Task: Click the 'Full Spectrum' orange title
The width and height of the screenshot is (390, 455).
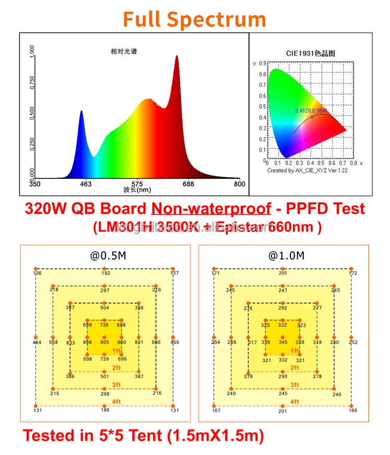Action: [194, 19]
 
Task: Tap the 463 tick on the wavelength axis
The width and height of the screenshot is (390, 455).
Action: [86, 184]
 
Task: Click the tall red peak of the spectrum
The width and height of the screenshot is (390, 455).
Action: [176, 57]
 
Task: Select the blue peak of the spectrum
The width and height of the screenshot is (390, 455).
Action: [81, 112]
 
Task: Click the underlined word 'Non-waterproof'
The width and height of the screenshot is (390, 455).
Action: [211, 209]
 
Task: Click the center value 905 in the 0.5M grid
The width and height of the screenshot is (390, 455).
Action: [104, 342]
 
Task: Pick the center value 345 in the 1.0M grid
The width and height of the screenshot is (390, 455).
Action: [282, 342]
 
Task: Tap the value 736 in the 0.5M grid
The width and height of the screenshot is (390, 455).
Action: [104, 325]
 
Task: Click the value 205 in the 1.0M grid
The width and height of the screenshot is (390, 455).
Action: [282, 273]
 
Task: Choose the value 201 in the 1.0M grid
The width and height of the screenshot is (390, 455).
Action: [282, 411]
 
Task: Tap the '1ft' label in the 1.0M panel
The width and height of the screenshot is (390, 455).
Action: [294, 351]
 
